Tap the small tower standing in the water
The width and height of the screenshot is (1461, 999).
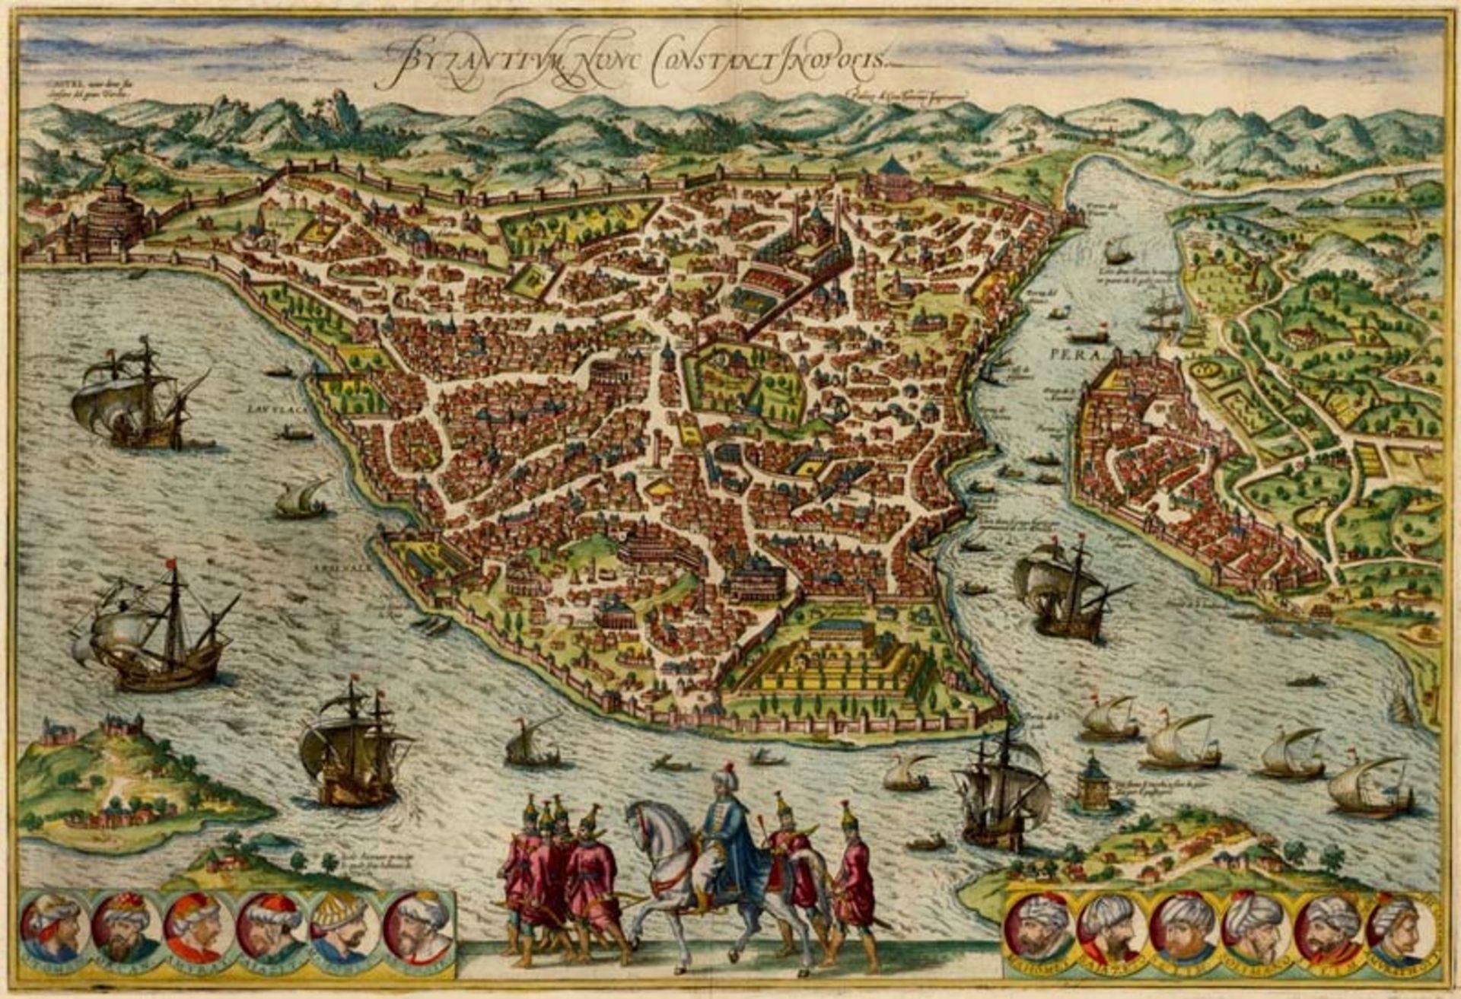click(1093, 784)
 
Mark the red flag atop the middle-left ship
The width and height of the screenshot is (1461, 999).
click(170, 564)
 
